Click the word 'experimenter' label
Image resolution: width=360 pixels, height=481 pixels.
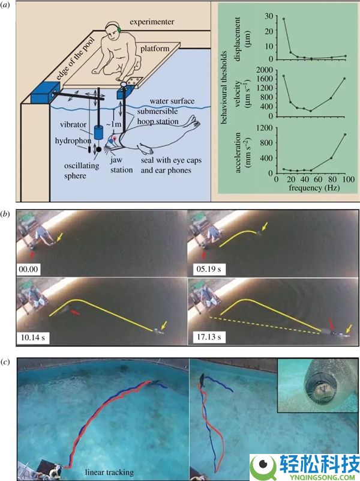(152, 22)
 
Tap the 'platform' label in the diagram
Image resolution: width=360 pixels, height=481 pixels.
(155, 49)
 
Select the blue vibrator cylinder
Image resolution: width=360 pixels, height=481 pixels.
(99, 133)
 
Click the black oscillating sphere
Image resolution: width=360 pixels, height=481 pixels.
(99, 150)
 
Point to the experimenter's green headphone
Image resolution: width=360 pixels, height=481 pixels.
(119, 30)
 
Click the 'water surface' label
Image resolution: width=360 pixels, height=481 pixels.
(172, 101)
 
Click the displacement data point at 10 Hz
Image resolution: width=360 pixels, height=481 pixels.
(283, 19)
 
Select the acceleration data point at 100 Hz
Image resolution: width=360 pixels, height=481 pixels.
(345, 135)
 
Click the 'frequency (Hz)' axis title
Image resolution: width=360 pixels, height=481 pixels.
(314, 188)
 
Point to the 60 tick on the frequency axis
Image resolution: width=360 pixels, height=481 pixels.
(317, 179)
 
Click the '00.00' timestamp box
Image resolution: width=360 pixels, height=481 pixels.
(28, 269)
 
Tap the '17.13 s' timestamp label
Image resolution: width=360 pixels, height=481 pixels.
(209, 337)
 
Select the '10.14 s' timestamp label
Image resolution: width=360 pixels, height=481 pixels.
(33, 338)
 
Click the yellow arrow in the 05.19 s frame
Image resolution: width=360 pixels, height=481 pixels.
(265, 227)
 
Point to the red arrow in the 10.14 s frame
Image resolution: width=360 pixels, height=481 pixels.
(76, 312)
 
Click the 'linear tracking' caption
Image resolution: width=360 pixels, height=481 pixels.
(109, 472)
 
